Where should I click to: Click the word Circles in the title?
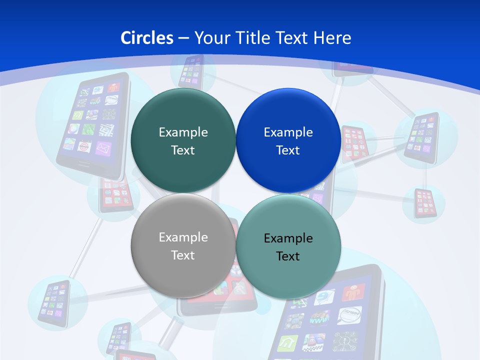point(147,38)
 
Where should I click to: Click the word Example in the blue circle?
point(288,132)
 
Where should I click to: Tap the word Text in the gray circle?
point(183,255)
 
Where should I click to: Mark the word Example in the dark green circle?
point(183,132)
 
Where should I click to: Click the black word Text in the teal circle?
point(288,256)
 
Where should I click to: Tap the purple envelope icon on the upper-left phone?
point(103,148)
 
